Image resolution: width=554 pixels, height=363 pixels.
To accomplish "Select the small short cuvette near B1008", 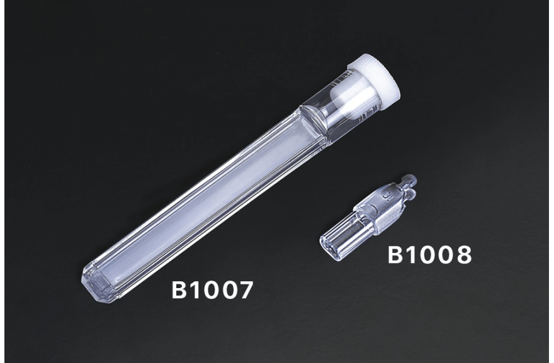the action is click(368, 218).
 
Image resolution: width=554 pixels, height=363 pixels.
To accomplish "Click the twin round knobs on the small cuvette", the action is click(410, 186).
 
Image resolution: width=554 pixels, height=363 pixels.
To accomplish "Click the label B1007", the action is click(212, 290).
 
